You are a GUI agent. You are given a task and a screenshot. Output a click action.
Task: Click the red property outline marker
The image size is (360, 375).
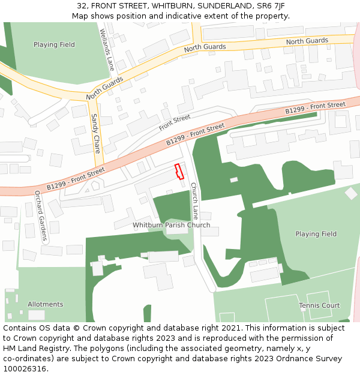(x=178, y=172)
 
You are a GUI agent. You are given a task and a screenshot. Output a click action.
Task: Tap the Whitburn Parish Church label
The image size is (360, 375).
(x=171, y=225)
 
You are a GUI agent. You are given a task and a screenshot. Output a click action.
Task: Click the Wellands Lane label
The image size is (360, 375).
(x=106, y=50)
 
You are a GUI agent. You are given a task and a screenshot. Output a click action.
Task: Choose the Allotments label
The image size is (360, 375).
(x=45, y=304)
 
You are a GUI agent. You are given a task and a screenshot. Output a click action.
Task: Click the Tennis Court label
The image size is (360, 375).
(x=319, y=305)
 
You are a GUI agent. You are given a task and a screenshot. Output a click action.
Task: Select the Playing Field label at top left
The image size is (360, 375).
(x=54, y=44)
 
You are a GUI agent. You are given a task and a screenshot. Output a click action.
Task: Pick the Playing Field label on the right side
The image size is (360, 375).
(x=316, y=234)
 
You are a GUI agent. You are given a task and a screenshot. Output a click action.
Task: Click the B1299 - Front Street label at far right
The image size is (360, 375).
(x=315, y=108)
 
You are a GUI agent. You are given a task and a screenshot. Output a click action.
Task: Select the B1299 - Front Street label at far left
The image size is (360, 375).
(x=76, y=178)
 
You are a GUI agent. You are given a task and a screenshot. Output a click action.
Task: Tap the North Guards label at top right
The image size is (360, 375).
(x=307, y=41)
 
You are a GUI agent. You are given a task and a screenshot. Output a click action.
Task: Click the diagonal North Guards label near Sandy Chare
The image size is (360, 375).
(x=104, y=88)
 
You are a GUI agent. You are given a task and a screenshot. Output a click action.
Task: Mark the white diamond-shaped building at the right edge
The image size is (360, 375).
(x=351, y=193)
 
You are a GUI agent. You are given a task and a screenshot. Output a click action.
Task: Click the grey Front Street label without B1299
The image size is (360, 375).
(x=175, y=122)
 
